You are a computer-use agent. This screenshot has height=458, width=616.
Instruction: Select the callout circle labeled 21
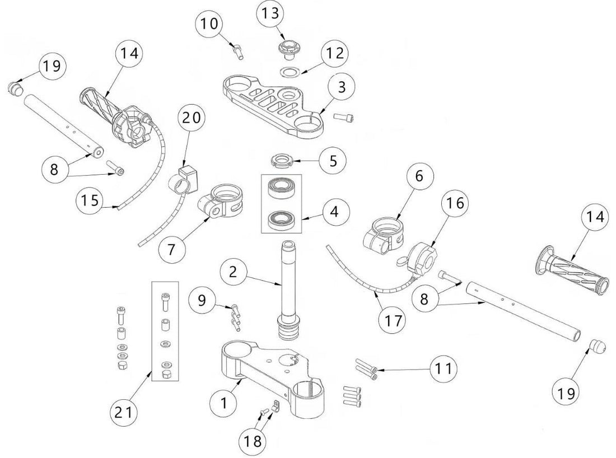(x=124, y=413)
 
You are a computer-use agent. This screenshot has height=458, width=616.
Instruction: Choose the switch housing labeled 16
(x=423, y=256)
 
